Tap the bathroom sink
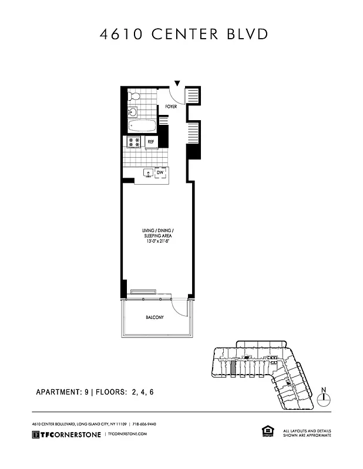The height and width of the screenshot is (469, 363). (x=133, y=111)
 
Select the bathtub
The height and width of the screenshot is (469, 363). (x=142, y=125)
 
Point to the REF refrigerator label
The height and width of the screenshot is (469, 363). (x=151, y=142)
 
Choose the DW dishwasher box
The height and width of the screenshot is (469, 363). (x=159, y=172)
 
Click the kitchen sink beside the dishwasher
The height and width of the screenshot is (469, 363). (x=147, y=173)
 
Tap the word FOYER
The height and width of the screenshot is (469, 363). (x=171, y=107)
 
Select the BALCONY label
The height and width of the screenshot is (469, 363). (x=154, y=318)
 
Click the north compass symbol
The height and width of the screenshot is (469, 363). (x=324, y=399)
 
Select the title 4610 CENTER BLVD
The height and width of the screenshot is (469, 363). (x=184, y=34)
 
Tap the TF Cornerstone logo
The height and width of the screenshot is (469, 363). (x=65, y=434)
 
